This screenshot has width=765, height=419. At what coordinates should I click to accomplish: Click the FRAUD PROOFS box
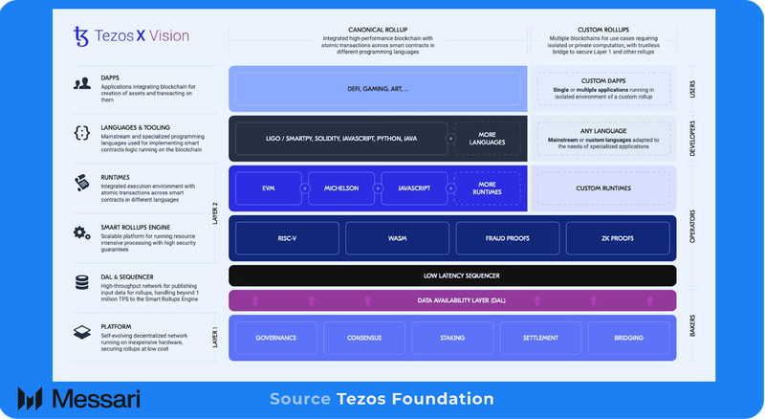507,237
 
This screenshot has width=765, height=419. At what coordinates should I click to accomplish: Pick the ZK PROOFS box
618,237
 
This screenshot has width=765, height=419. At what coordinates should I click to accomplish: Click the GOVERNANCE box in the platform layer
274,338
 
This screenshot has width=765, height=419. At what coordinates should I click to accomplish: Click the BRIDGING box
628,338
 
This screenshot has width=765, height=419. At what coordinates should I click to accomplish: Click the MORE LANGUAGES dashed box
488,139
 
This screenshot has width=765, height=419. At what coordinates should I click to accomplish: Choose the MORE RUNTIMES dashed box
488,188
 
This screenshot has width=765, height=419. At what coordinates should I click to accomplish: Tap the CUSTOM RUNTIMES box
601,188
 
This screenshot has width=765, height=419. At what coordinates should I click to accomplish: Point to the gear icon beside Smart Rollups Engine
82,232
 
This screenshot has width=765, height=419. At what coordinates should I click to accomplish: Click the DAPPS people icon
82,83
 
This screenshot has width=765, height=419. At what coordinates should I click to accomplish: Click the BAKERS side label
694,338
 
